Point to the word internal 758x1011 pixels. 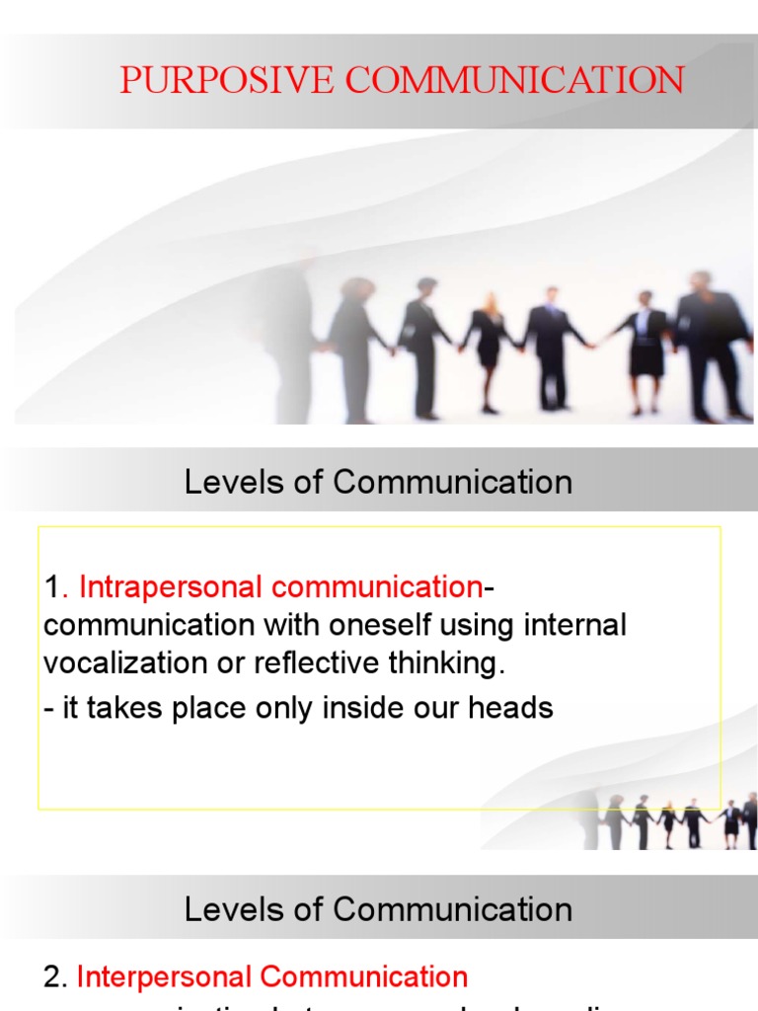click(x=572, y=626)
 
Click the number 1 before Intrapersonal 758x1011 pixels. click(x=51, y=587)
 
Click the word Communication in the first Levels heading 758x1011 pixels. click(x=452, y=482)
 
